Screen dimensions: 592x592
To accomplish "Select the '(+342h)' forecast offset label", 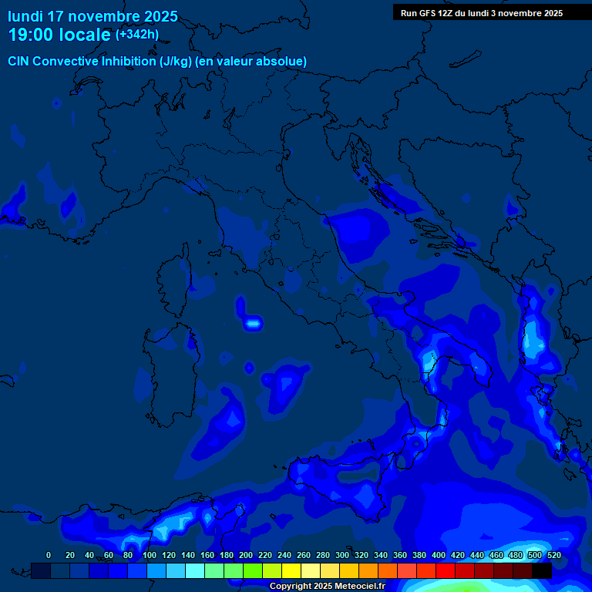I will click(x=137, y=35).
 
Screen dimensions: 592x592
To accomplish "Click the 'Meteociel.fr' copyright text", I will click(x=354, y=586).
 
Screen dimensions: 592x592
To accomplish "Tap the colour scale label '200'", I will click(x=246, y=555).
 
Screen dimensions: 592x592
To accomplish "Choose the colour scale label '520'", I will click(x=553, y=555).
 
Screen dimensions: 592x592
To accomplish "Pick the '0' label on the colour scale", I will click(x=49, y=555).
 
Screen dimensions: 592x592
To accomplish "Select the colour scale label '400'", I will click(x=439, y=555).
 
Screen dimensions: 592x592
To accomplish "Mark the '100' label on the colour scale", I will click(x=149, y=555).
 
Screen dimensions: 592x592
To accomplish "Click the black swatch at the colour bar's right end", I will click(x=541, y=570).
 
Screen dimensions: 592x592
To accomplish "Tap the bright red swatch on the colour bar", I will click(x=445, y=570).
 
